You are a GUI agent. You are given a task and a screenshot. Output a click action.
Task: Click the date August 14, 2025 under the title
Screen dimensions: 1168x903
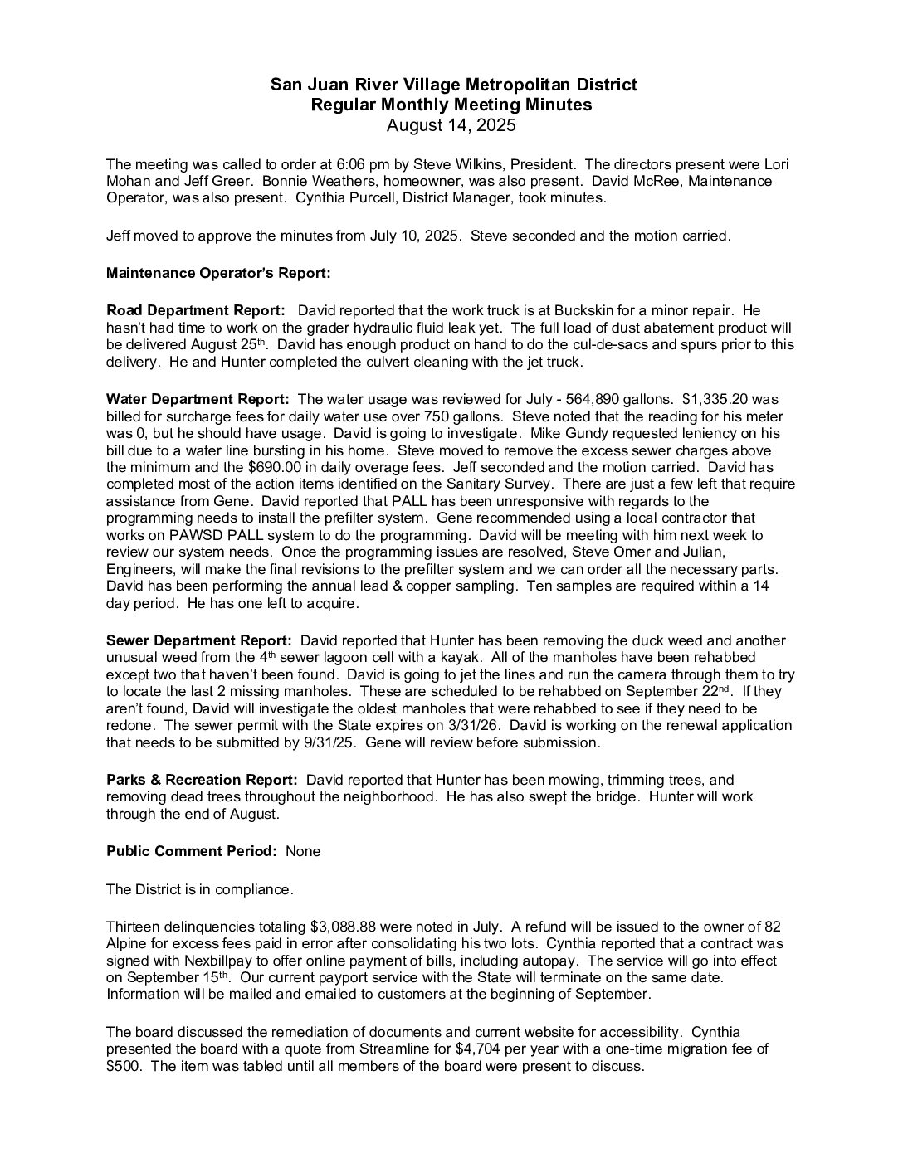(x=451, y=126)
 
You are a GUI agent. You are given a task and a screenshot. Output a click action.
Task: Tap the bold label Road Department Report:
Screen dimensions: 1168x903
(x=196, y=310)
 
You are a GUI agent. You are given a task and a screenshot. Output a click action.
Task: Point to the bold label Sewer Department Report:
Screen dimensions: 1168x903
(x=198, y=640)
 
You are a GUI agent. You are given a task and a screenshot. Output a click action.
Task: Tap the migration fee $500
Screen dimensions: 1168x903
(x=121, y=1066)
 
